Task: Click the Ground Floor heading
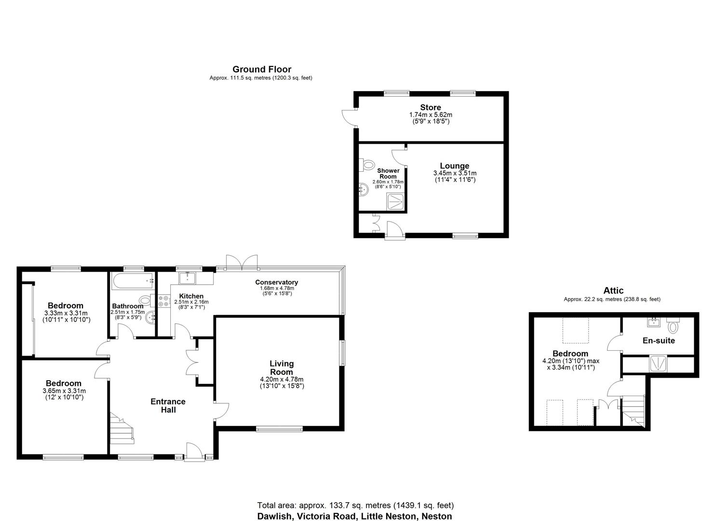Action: (x=261, y=69)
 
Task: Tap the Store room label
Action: (x=430, y=107)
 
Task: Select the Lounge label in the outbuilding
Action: (x=454, y=166)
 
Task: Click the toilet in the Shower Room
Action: (x=368, y=165)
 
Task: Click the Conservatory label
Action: (x=276, y=282)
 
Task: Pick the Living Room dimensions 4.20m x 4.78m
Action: (x=282, y=379)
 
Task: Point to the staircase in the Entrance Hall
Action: (x=122, y=428)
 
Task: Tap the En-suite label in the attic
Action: (x=659, y=341)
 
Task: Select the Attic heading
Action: (x=613, y=290)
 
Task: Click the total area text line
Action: (x=355, y=506)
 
